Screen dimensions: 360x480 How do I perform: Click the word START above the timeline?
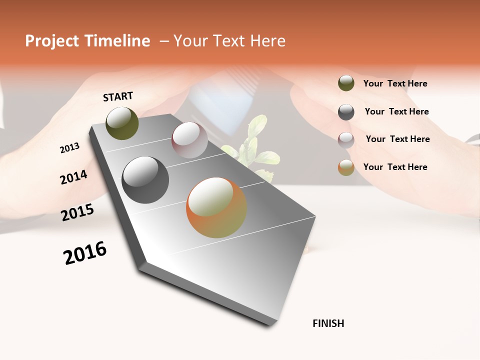point(118,96)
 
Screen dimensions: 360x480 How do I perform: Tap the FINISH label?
point(328,323)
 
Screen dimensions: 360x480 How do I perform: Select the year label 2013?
point(69,148)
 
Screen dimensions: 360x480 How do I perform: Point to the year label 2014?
point(73,177)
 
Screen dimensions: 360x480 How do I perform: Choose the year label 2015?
point(77,212)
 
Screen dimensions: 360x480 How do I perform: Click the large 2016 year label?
point(85,253)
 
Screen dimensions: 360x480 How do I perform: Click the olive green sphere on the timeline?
point(122,123)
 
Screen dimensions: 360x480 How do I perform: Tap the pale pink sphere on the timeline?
point(189,139)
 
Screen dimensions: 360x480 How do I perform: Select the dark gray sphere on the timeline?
point(145,179)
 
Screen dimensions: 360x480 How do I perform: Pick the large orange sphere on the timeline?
point(216,207)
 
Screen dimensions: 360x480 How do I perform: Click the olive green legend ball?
point(346,83)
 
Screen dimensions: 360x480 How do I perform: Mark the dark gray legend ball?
point(346,112)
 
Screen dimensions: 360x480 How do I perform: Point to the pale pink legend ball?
point(346,139)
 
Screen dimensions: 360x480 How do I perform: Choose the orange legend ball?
point(346,167)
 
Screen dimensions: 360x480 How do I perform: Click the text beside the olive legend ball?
point(395,83)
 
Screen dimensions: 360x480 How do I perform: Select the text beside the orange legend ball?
point(395,167)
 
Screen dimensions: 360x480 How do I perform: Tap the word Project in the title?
point(52,41)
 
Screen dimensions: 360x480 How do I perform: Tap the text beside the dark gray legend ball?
point(396,111)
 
